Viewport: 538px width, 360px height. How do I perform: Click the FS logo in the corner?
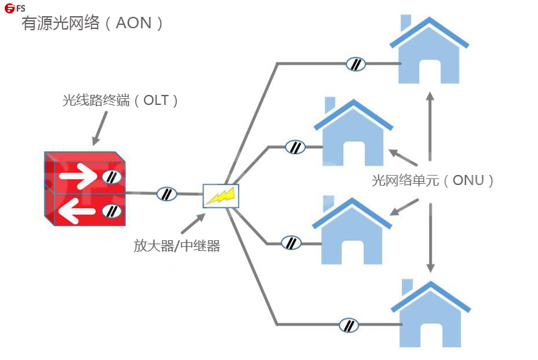pyautogui.click(x=15, y=8)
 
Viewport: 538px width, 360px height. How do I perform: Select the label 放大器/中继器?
pyautogui.click(x=177, y=246)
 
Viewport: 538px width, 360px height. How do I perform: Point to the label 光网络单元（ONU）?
pyautogui.click(x=433, y=180)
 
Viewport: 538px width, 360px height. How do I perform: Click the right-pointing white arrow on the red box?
pyautogui.click(x=77, y=178)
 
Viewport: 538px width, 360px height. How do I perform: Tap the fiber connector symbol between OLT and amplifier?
pyautogui.click(x=166, y=194)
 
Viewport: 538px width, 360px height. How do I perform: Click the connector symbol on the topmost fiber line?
pyautogui.click(x=356, y=65)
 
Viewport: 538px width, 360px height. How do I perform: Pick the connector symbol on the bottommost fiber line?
pyautogui.click(x=348, y=325)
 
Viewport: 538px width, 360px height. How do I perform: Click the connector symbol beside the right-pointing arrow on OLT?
pyautogui.click(x=111, y=178)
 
